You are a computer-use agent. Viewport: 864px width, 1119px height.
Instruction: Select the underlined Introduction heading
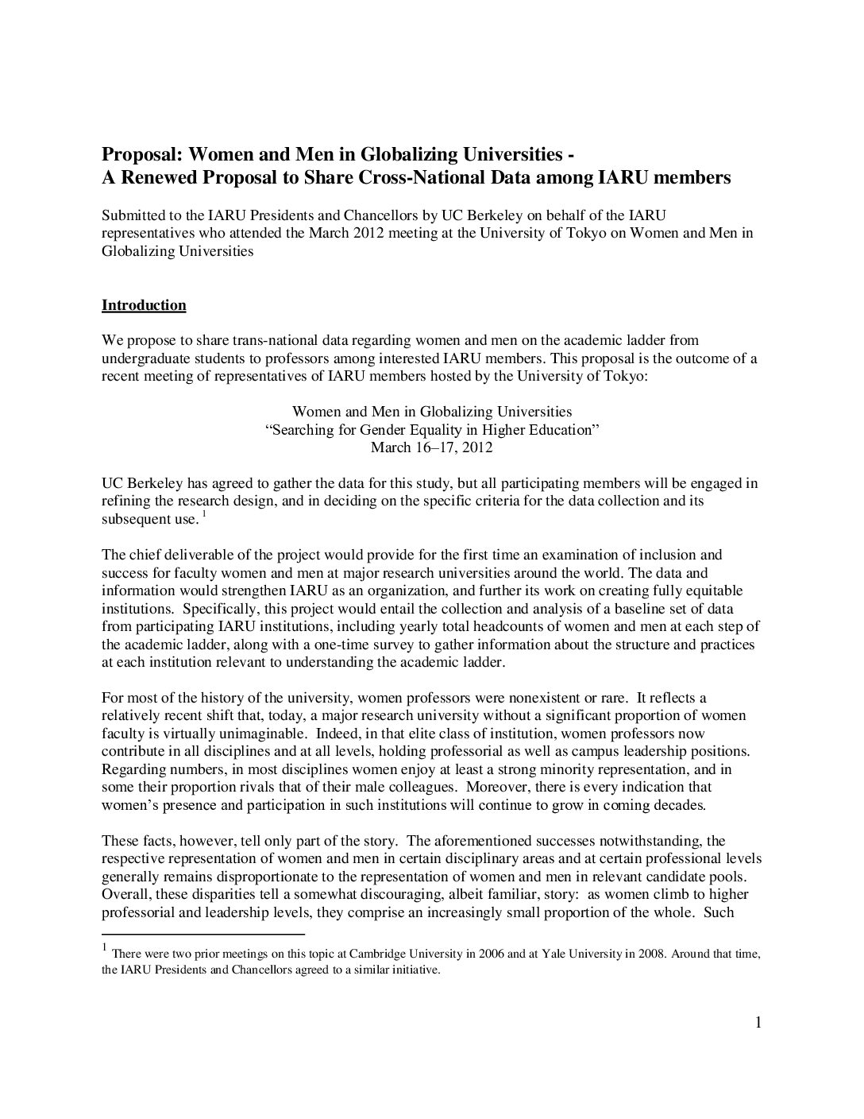pyautogui.click(x=144, y=305)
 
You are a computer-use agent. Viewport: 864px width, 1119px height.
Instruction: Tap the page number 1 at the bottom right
pyautogui.click(x=758, y=1022)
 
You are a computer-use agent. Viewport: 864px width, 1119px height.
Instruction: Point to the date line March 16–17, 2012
pyautogui.click(x=431, y=447)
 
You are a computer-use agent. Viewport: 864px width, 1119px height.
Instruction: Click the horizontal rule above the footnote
pyautogui.click(x=203, y=934)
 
